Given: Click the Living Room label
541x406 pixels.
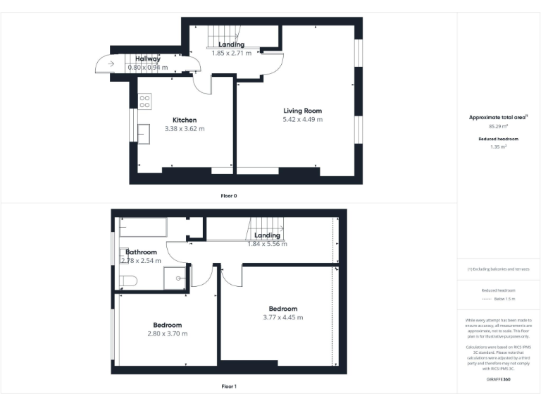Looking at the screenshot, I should pos(302,111).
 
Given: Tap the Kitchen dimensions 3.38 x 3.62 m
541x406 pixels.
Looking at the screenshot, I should pos(185,129).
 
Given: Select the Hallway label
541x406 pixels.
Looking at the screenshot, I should pos(148,59).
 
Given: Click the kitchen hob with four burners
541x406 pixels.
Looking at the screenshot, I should pos(145,101).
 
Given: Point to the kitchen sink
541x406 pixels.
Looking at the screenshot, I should pos(144,133).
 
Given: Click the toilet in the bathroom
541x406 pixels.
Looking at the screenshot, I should pos(128,281).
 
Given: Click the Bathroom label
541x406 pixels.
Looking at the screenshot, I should pos(141,252).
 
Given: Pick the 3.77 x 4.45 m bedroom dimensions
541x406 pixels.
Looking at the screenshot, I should pos(282,317).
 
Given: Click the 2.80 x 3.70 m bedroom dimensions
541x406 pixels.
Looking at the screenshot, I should pos(167,333).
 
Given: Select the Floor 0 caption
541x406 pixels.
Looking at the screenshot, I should pos(229,195).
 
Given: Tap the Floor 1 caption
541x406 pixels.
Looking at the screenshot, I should pos(229,386).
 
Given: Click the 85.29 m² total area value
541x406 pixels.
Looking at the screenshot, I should pos(498,126).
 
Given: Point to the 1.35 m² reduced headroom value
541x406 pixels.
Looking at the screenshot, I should pos(498,147).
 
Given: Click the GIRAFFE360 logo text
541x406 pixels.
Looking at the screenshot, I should pos(498,380).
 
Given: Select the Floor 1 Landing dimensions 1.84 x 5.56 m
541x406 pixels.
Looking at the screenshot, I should pos(267,244).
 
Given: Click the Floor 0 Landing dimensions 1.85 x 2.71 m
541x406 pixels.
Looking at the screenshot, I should pos(232,53).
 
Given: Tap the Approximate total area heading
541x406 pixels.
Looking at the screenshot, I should pos(498,117).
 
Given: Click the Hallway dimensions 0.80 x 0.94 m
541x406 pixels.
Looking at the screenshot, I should pos(149,67).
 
